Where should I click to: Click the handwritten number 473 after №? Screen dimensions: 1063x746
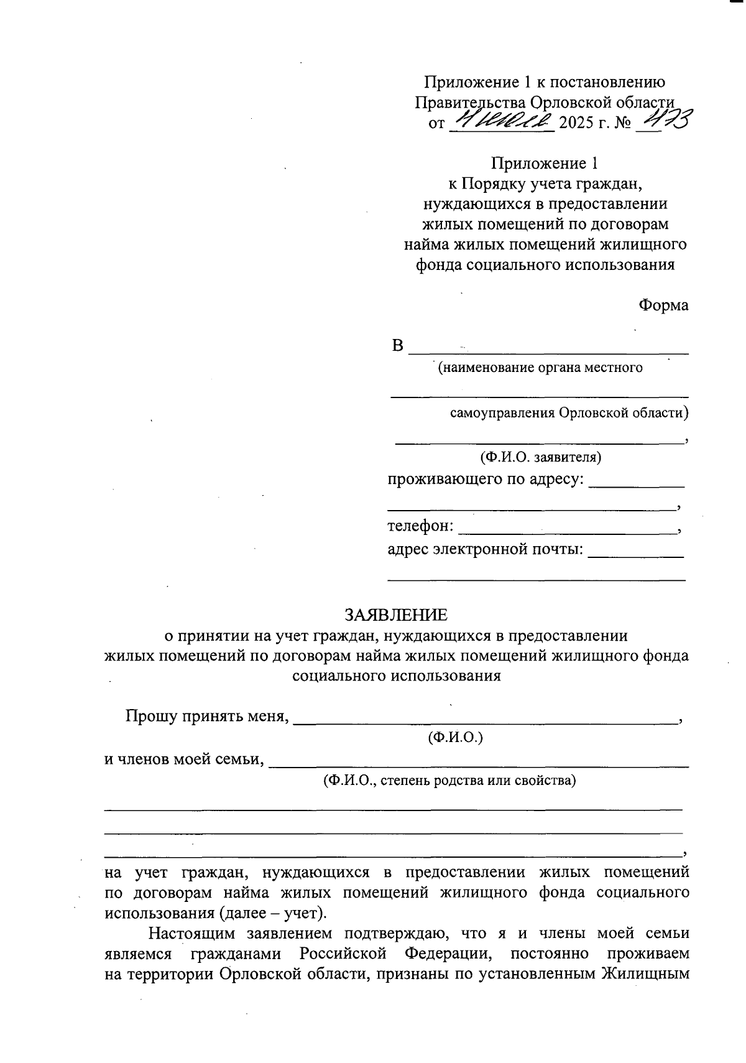(x=668, y=119)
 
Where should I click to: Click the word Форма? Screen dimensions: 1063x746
(x=663, y=305)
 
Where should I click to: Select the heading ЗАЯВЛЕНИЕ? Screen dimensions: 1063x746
(x=396, y=615)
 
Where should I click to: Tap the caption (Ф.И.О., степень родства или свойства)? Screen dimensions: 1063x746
(x=449, y=780)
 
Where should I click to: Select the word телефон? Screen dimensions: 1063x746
(x=420, y=526)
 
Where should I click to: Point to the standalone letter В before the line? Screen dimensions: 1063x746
(x=398, y=346)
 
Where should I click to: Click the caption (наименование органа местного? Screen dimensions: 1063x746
(x=540, y=368)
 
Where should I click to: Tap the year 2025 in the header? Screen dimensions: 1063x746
(x=578, y=123)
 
